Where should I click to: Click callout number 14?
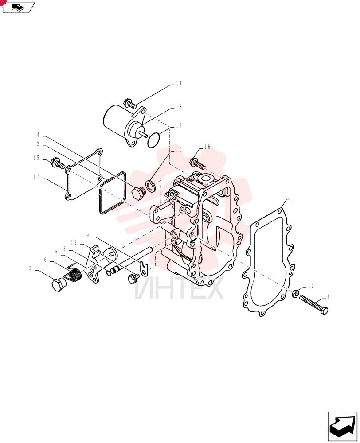point(178,83)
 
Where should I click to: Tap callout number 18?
point(178,107)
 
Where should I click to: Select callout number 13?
point(178,126)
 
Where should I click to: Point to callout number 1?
point(293,197)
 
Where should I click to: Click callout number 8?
point(329,297)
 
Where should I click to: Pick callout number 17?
point(36,177)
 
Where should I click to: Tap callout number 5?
point(31,268)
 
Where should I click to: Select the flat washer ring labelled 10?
point(150,186)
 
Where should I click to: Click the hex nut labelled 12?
point(294,294)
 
